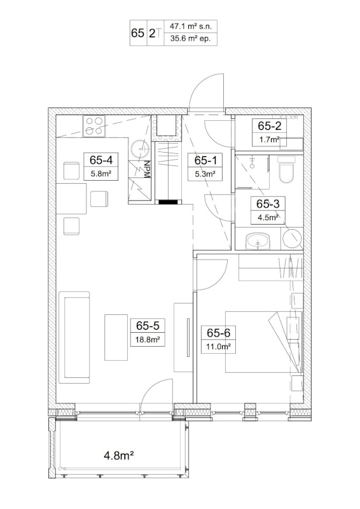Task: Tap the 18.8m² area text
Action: pos(148,340)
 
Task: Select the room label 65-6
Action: pos(218,333)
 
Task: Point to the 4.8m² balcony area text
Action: pos(119,456)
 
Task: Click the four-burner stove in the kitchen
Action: pos(94,126)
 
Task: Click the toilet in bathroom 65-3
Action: pos(287,169)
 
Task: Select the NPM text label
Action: pos(147,169)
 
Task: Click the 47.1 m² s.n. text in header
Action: pos(191,26)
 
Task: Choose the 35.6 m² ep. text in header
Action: pos(191,39)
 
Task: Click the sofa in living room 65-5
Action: pos(74,337)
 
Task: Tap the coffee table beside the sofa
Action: pos(116,337)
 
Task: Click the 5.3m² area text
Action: pos(205,174)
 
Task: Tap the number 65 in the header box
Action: pos(137,33)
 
